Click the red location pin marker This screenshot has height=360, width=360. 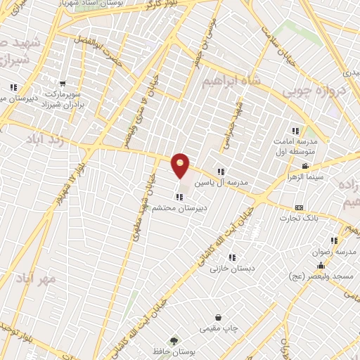(181, 166)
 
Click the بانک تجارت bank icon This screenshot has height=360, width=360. (300, 208)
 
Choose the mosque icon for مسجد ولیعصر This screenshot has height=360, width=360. (321, 265)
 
